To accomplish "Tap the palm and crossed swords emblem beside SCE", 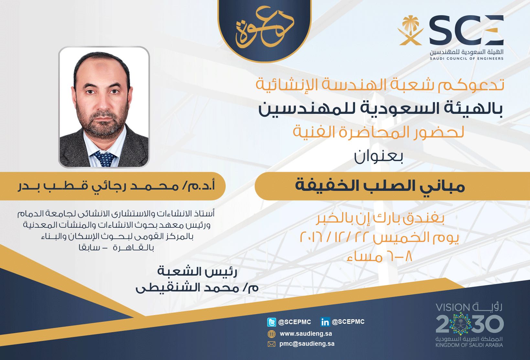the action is [410, 30].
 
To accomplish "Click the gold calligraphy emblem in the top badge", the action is [265, 27].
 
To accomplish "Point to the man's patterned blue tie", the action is [104, 158].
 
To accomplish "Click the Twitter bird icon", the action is [271, 322].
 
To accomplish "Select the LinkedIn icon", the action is [325, 322].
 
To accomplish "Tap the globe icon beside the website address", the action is [271, 334].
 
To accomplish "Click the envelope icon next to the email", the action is [271, 344].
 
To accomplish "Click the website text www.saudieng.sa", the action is [306, 334].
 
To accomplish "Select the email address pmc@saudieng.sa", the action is [307, 344].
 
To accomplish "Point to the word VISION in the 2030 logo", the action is [453, 308].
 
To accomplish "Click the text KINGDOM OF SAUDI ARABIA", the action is [469, 345].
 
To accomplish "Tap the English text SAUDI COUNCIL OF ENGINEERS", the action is [467, 59].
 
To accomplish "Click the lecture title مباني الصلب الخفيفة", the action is [380, 186].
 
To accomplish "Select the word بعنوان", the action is [378, 157].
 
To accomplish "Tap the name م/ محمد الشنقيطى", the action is [197, 288].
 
